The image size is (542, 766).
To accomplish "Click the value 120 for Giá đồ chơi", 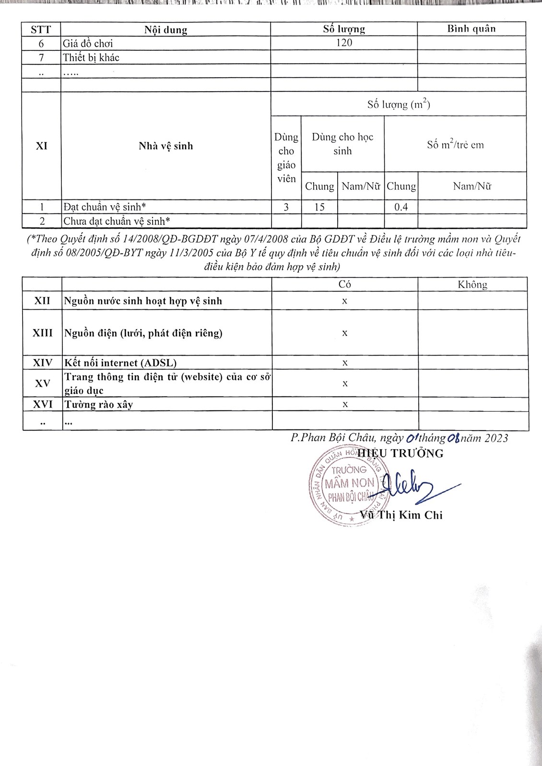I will click(x=344, y=43).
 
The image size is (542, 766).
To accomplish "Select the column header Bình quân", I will click(x=471, y=29).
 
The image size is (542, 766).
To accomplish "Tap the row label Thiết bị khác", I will click(x=91, y=58).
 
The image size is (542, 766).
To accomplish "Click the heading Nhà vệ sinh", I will click(x=165, y=146).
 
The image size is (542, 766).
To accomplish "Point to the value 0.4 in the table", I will click(x=401, y=207).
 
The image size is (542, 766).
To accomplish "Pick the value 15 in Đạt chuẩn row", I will click(x=319, y=207).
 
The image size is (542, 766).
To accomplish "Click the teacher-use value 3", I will click(x=286, y=207).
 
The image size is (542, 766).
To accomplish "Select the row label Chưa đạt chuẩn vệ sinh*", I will click(x=117, y=221).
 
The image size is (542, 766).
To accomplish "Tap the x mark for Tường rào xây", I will click(x=345, y=405).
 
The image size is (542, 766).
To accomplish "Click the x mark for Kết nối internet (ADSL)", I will click(x=345, y=363).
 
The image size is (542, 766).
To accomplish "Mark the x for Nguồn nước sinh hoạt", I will click(x=344, y=301).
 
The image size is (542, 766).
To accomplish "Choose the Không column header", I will click(x=472, y=285).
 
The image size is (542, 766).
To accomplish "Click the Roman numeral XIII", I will click(x=42, y=333).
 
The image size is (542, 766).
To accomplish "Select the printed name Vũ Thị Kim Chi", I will click(x=401, y=515).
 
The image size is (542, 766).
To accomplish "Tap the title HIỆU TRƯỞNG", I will click(x=401, y=453).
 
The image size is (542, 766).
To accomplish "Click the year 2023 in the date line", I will click(x=496, y=438).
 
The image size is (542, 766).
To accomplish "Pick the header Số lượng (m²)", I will click(x=399, y=104).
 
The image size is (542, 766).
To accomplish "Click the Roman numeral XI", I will click(x=42, y=146).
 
